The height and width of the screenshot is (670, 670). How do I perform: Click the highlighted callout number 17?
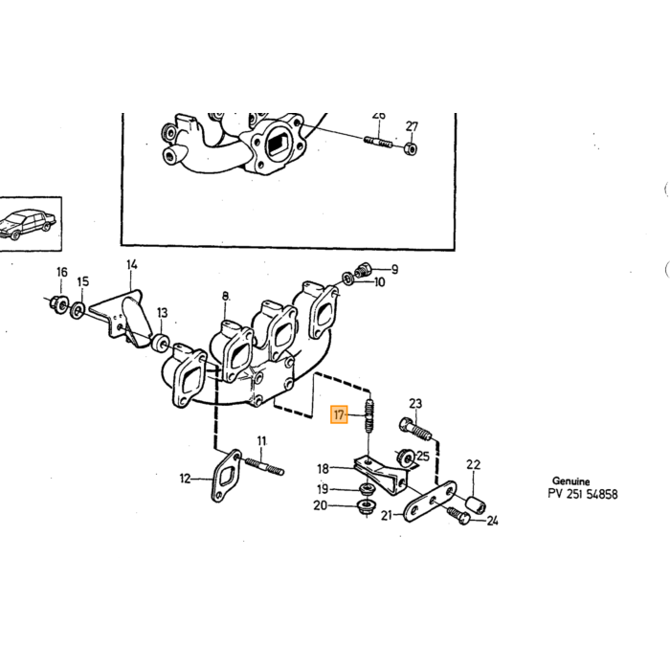pos(339,414)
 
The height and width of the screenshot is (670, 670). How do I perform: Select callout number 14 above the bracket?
pos(132,265)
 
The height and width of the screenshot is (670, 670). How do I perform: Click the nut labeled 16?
pos(57,303)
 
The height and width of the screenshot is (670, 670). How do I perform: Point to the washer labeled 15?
pos(78,310)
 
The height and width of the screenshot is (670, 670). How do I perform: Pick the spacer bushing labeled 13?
pos(161,343)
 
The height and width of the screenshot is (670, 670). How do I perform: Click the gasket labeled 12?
pos(226,475)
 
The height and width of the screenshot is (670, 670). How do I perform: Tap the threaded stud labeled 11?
pos(264,466)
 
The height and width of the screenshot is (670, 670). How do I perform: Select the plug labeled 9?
pos(364,270)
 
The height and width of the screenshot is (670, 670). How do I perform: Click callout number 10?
pos(379,282)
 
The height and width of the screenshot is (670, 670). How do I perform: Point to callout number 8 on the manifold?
pos(226,296)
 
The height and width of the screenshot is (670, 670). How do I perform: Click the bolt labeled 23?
pos(415,430)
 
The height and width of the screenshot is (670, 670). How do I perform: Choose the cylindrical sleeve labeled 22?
pos(475,505)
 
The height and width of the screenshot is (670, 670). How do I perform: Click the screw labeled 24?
pos(458,515)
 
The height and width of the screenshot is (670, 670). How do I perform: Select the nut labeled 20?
pos(367,507)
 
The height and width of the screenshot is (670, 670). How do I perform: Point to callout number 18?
pos(324,469)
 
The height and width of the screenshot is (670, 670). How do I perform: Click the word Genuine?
pos(570,481)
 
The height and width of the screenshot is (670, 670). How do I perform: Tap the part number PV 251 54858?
pos(583,495)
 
